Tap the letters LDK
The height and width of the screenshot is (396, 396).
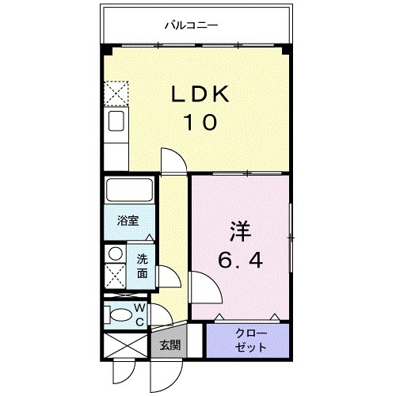tap(201, 95)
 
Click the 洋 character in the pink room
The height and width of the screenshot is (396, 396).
tap(240, 231)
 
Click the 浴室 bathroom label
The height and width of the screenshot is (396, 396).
tap(128, 221)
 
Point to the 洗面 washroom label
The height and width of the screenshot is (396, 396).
tap(142, 266)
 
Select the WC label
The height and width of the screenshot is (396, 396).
tap(139, 314)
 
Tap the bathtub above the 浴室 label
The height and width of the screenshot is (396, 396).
tap(128, 192)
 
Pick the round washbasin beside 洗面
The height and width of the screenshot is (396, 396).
tap(115, 255)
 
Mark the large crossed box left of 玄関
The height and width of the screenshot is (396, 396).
tap(125, 347)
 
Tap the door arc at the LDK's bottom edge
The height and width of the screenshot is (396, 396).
tap(173, 158)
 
